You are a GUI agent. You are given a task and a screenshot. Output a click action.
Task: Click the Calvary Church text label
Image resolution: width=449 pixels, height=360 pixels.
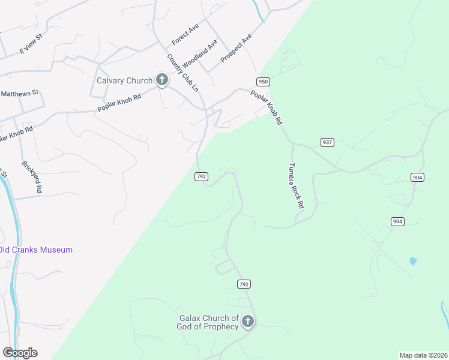coord(125,81)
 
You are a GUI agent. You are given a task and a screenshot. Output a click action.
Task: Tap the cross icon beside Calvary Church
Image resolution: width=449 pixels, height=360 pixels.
coord(161,80)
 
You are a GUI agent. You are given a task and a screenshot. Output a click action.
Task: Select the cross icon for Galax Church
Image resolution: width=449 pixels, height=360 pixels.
coord(247,322)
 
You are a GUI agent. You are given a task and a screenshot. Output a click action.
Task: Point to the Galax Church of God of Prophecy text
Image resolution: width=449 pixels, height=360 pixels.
coord(208,322)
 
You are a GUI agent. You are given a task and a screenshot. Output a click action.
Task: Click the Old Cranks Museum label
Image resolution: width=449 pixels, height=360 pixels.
coord(36,250)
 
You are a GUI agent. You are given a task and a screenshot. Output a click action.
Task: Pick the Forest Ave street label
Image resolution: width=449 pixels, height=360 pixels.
coord(185,35)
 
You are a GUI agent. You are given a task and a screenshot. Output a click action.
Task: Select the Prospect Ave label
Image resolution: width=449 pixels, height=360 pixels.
coord(236,49)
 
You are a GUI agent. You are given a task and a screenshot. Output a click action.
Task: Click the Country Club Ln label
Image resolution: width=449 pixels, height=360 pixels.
coord(182,73)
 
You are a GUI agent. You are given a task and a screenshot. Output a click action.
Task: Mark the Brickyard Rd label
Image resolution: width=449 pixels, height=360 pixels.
coord(32,176)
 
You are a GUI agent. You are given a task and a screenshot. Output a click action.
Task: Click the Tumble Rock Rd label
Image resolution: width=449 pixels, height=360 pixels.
coord(296,186)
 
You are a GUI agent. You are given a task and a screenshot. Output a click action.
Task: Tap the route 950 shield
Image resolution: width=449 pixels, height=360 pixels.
coord(262,82)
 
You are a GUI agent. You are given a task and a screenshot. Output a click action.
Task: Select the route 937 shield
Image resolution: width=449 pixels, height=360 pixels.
coord(327,142)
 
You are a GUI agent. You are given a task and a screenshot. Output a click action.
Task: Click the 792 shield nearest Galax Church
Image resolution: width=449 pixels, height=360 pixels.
coord(243,284)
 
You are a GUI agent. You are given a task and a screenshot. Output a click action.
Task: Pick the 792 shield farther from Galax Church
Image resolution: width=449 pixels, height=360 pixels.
coord(201,176)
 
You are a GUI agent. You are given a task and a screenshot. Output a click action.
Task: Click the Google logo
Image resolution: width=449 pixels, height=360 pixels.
coord(20,353)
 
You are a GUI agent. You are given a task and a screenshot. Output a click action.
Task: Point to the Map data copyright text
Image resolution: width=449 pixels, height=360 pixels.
coord(423,355)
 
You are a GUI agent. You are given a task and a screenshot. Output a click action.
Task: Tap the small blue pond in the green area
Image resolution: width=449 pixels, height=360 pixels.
coord(413,261)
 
